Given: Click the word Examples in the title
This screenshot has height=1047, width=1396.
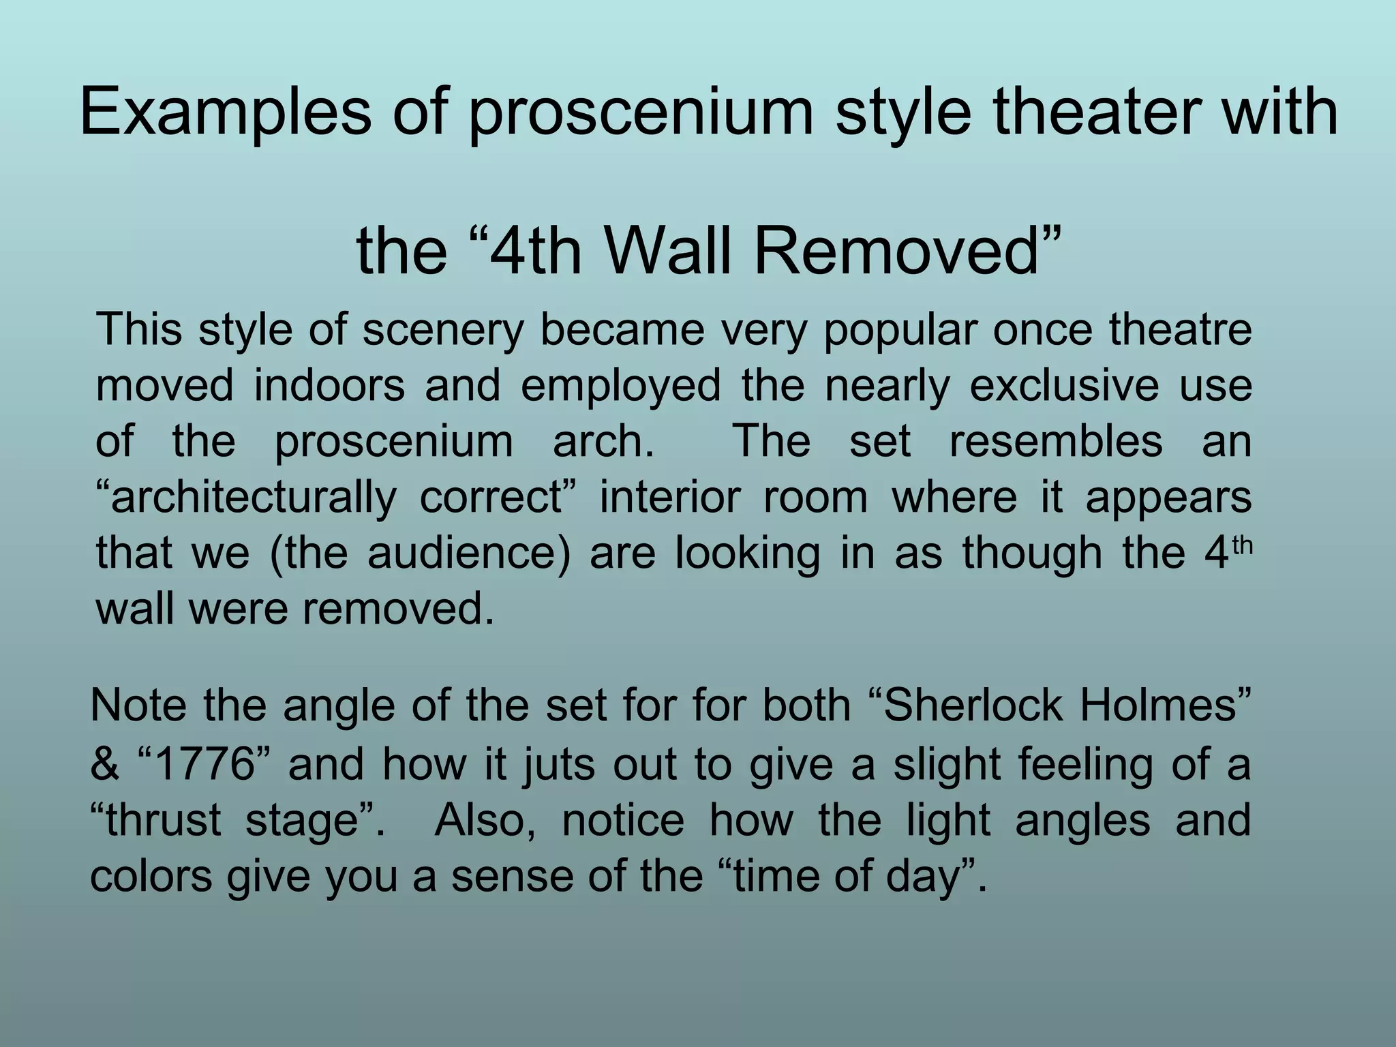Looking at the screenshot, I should pos(226,113).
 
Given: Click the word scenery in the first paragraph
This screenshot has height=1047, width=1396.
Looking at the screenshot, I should pos(443,331).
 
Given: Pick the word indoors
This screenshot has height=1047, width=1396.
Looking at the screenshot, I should pos(329,385).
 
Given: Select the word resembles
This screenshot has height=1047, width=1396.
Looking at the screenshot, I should pos(1056,441).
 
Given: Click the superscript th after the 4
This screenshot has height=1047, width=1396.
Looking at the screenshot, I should pos(1243,546).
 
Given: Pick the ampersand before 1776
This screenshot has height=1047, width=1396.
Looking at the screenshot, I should pos(104,764).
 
